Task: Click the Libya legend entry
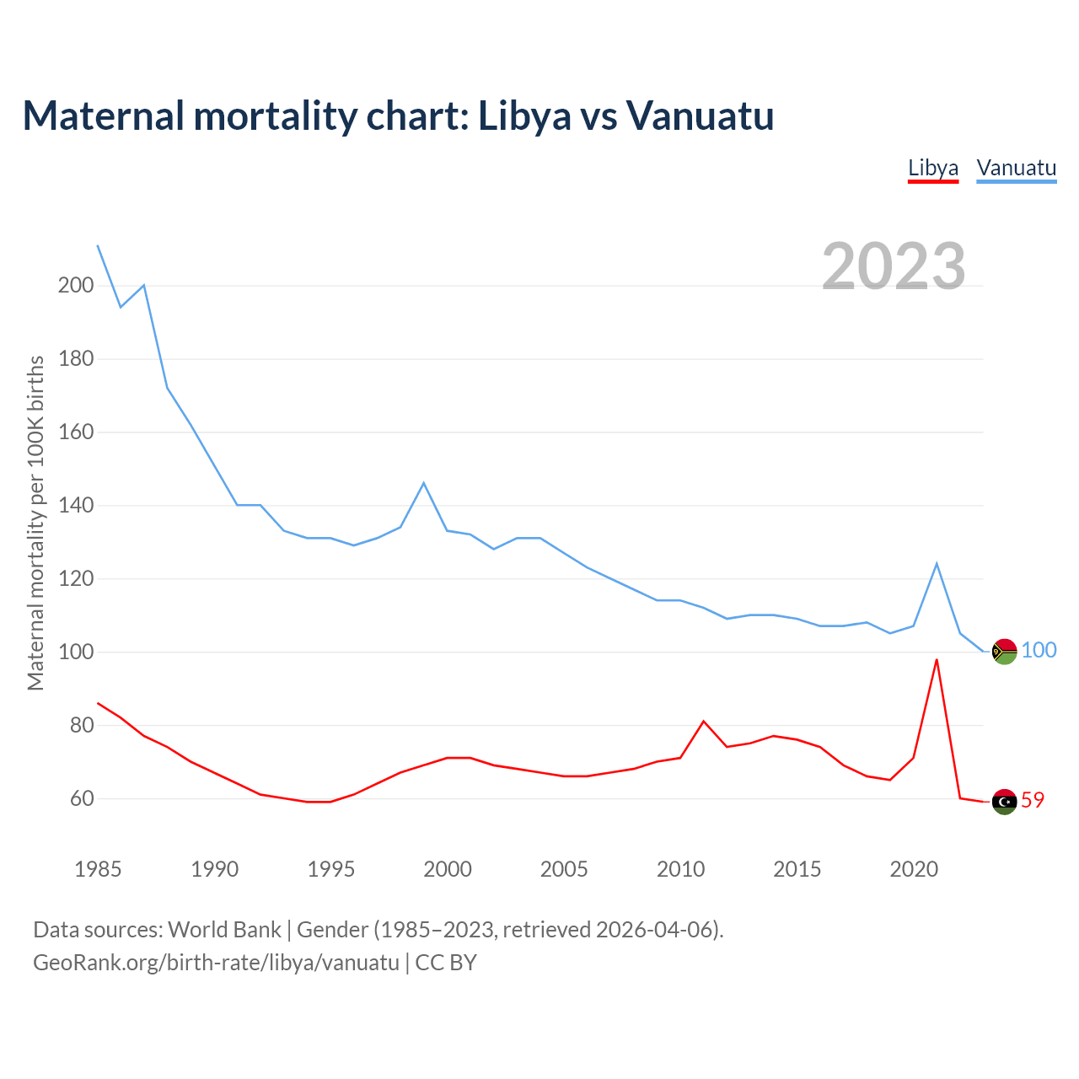(933, 168)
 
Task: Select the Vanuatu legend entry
(1016, 168)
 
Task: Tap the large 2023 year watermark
(894, 266)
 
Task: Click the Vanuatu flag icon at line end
(1004, 651)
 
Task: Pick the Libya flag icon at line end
(1004, 801)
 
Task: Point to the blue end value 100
(1039, 650)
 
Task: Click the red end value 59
(1033, 800)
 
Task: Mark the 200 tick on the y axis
(75, 285)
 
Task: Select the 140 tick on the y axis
(75, 506)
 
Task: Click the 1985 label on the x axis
(98, 869)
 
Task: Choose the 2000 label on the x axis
(448, 869)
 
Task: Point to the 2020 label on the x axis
(914, 869)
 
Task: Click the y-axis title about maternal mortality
(35, 523)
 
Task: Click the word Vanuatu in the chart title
(699, 115)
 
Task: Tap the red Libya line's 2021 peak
(937, 660)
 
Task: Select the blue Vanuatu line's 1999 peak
(423, 483)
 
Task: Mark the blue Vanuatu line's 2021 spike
(937, 564)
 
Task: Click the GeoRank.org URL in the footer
(216, 963)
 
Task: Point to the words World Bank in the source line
(224, 930)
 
